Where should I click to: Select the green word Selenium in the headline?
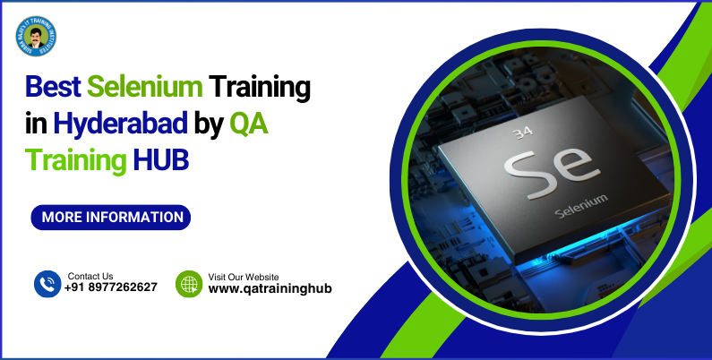click(x=144, y=89)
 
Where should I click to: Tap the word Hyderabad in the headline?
click(x=120, y=124)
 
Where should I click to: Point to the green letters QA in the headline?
click(x=249, y=124)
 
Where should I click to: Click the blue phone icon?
click(x=47, y=284)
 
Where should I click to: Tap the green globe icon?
click(x=189, y=284)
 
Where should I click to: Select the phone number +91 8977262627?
click(x=111, y=288)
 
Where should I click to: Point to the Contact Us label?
click(x=90, y=276)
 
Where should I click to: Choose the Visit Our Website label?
click(x=244, y=277)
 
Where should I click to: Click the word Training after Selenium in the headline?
click(x=260, y=89)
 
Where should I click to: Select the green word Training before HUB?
click(x=76, y=160)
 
